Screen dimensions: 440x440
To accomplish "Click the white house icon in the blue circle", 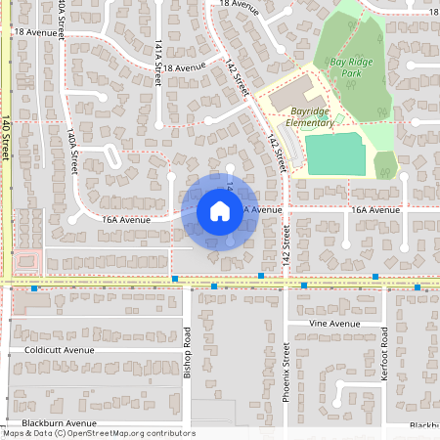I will point(219,210).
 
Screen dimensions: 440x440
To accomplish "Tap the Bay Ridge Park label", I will point(354,66).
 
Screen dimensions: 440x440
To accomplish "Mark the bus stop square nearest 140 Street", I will point(35,288).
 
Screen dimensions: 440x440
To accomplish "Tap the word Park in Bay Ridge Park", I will point(366,73).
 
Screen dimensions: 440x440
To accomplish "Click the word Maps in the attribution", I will point(14,432).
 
